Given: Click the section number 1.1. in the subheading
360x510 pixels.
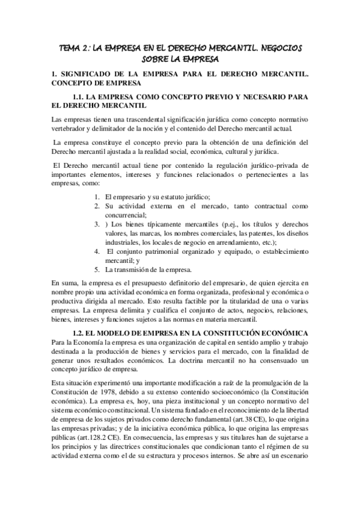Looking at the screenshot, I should (81, 96).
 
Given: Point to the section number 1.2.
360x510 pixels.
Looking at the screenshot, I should (81, 333).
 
